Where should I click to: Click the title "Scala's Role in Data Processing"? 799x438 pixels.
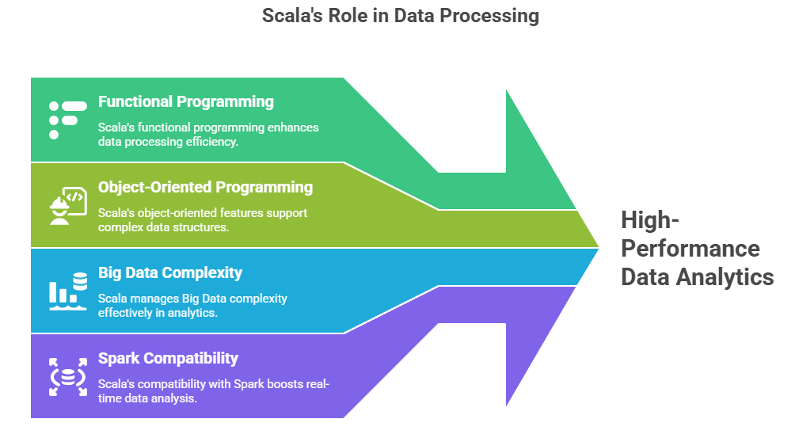400,16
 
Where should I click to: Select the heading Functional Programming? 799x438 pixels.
186,101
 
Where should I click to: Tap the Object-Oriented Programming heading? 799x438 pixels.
205,187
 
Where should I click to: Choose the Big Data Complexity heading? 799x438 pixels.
170,272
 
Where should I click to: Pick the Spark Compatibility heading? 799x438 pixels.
168,358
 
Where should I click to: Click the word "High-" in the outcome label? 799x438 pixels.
647,219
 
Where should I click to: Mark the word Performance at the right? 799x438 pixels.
690,248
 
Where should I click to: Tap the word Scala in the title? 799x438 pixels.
288,16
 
